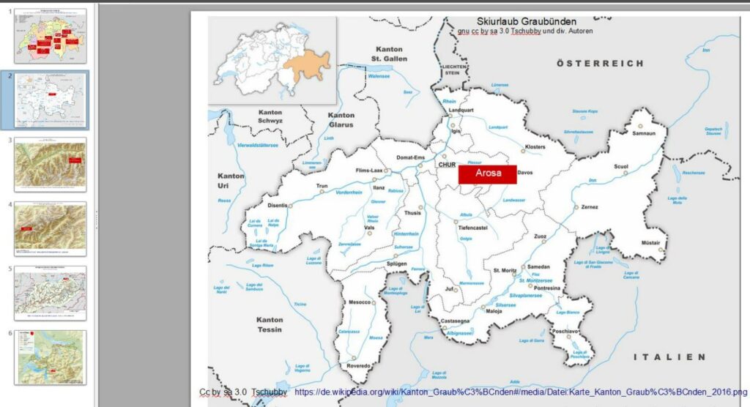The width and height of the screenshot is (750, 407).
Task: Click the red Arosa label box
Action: [488, 173]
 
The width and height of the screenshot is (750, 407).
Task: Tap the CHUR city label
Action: [447, 165]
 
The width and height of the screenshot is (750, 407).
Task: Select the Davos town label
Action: [525, 173]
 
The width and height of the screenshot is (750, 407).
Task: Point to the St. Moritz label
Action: [505, 271]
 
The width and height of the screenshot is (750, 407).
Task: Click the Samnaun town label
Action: [643, 132]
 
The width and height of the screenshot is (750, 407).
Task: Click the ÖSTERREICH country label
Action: [600, 64]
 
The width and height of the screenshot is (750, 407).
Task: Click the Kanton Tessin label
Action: [270, 324]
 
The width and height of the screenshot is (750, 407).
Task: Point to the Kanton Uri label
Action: [231, 181]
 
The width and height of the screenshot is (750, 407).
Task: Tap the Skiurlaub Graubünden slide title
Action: [526, 22]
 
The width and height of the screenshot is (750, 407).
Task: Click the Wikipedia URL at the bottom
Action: [521, 392]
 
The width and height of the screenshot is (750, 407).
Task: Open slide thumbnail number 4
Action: [51, 228]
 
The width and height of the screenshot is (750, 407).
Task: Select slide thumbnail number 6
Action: [51, 357]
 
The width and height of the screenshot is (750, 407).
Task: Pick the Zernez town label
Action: [590, 207]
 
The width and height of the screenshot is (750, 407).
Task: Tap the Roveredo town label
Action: [359, 366]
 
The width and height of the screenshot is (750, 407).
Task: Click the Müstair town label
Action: [651, 242]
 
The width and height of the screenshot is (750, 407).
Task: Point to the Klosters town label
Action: [535, 147]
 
